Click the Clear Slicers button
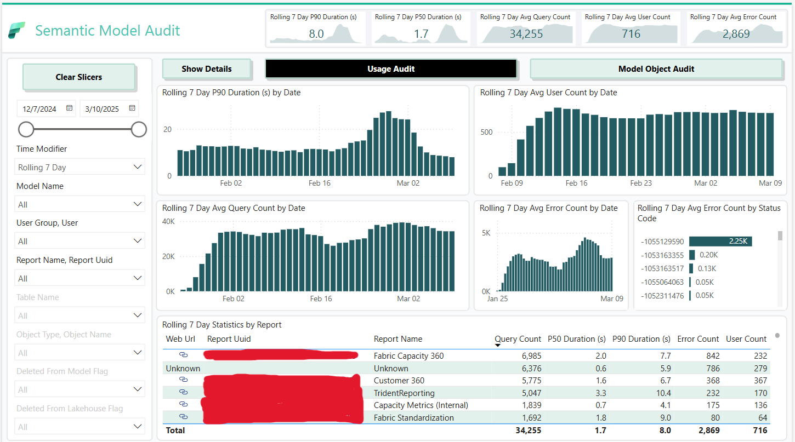coord(79,77)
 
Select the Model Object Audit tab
coord(656,69)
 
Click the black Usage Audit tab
coord(390,69)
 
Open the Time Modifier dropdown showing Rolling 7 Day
coord(79,167)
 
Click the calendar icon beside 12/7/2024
coord(70,108)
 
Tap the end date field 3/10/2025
coord(103,109)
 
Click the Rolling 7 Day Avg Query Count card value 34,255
coord(525,34)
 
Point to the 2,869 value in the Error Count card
coord(736,34)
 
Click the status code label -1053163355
coord(662,255)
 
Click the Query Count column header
coord(518,339)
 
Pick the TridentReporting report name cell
coord(404,393)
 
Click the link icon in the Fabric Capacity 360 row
coord(184,355)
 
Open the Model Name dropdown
coord(79,204)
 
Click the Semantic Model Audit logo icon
coord(16,31)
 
